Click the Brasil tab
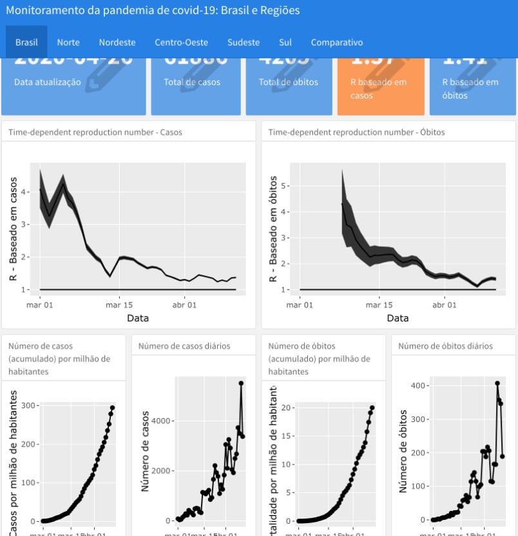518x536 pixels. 26,43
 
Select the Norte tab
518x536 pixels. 68,43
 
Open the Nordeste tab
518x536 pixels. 117,43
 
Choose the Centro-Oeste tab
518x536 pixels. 181,43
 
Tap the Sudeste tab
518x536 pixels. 244,43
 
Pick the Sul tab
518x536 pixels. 285,43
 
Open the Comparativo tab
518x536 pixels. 337,43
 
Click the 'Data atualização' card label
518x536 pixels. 48,82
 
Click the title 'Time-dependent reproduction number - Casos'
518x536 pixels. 95,132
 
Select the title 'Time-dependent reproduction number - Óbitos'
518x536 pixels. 356,132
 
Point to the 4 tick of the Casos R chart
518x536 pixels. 24,192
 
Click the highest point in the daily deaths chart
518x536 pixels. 497,383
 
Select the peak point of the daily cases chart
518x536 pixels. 241,383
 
